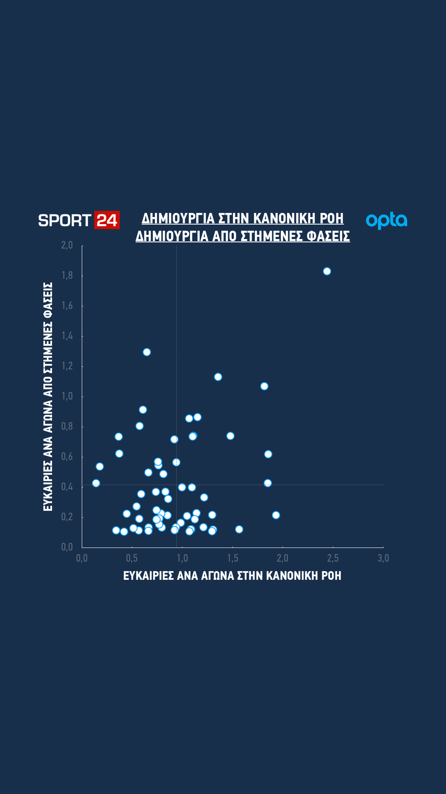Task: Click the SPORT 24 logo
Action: [x=78, y=220]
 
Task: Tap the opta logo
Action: [x=387, y=220]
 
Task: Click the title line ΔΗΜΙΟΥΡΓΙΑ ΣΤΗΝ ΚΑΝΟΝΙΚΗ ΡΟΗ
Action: [x=242, y=218]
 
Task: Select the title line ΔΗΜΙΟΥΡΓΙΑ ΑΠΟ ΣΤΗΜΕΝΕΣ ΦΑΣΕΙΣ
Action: [x=242, y=236]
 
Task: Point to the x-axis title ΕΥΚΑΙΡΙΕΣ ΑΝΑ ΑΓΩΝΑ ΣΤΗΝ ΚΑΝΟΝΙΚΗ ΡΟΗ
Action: [x=232, y=576]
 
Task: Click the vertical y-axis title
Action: [x=48, y=397]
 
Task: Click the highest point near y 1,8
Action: [x=327, y=271]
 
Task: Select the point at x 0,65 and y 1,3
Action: [x=147, y=352]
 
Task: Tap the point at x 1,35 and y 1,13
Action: [x=218, y=377]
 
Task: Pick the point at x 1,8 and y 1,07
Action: [x=264, y=386]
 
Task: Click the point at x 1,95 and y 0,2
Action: [x=276, y=515]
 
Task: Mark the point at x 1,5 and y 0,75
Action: [x=230, y=436]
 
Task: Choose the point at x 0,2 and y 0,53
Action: [x=100, y=466]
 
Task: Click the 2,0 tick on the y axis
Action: [x=67, y=245]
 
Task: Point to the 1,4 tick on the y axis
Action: [x=67, y=336]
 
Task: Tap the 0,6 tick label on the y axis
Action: [x=67, y=457]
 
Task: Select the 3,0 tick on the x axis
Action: [x=383, y=558]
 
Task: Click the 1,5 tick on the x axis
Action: [x=232, y=558]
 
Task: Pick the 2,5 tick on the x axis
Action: [x=333, y=558]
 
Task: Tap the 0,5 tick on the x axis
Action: [x=132, y=558]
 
